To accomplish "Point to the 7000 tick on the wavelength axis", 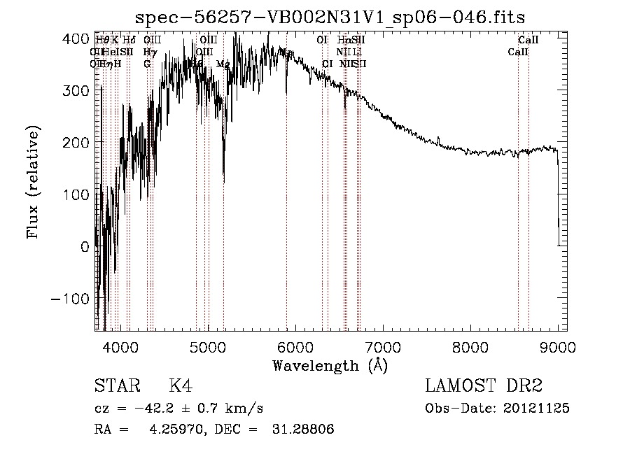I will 382,347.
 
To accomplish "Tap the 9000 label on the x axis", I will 557,347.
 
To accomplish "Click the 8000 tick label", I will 470,347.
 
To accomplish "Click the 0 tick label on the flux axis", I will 85,246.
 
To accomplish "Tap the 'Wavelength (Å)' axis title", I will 329,365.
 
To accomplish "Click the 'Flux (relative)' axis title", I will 34,182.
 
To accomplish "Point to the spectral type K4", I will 181,385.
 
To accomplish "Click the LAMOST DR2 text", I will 484,385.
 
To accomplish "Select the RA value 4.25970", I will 173,430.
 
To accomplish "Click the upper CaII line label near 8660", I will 528,40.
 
